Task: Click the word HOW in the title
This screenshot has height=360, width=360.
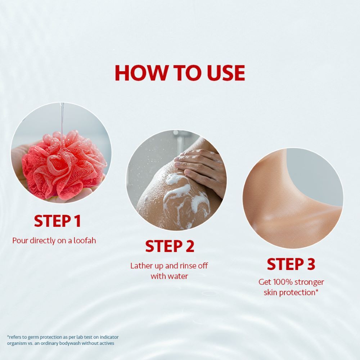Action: [141, 73]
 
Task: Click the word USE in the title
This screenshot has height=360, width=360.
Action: [226, 73]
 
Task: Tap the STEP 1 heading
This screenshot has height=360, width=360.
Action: [57, 221]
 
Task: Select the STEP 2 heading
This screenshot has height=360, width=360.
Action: [170, 246]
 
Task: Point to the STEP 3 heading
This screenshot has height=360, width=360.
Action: [291, 264]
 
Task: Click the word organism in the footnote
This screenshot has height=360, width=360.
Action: [17, 343]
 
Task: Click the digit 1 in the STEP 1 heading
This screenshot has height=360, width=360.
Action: [77, 221]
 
